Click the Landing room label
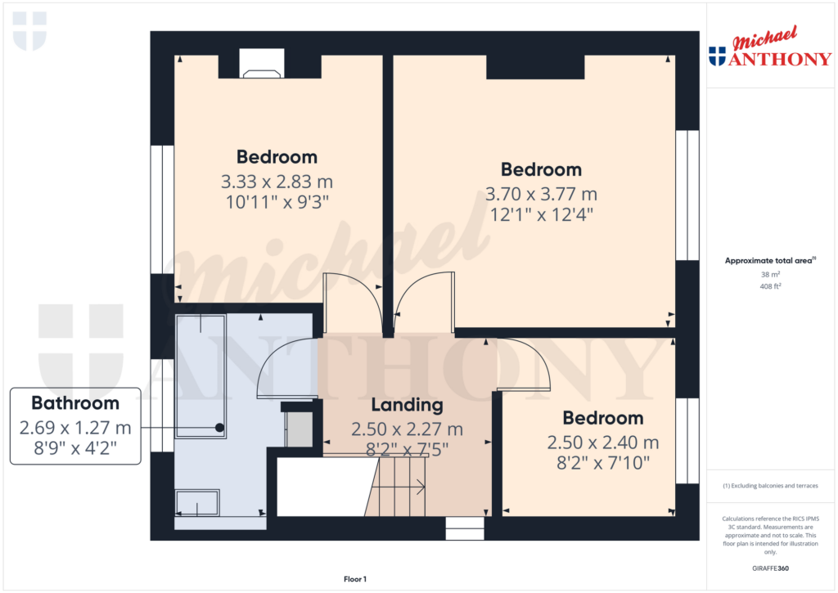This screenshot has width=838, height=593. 407,405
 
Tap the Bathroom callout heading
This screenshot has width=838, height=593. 75,402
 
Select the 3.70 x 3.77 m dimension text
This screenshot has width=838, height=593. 541,195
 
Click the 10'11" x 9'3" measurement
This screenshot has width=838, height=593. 277,200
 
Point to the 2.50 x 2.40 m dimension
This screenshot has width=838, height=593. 603,443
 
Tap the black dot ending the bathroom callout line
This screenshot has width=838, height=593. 219,427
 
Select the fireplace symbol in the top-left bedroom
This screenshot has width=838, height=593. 261,72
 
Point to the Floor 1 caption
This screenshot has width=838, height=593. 355,579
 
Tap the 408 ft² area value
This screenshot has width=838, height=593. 768,287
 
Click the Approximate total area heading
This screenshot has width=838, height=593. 768,261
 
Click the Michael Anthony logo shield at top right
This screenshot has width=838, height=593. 717,56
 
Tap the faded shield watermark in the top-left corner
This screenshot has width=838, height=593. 29,31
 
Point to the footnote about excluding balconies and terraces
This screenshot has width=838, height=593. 768,486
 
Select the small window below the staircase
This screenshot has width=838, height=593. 465,528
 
